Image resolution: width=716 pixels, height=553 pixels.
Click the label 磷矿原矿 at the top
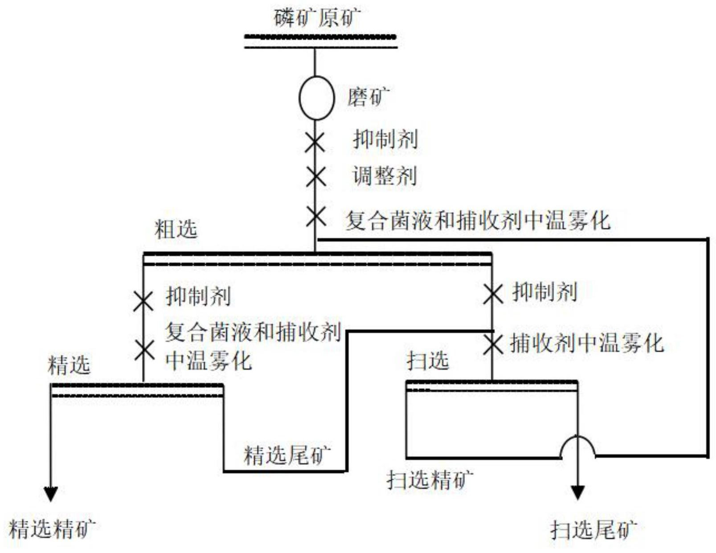[x=317, y=18]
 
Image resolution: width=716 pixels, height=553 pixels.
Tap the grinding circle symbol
[x=316, y=98]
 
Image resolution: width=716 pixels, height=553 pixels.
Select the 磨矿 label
[x=368, y=96]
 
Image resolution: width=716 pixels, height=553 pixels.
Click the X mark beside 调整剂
[x=316, y=176]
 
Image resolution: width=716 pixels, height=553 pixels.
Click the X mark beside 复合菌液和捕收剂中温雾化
[x=316, y=217]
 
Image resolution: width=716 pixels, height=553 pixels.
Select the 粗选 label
[x=176, y=229]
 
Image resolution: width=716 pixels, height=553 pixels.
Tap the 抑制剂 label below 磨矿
[x=385, y=139]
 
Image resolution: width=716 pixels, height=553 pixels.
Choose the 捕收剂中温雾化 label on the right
[x=587, y=344]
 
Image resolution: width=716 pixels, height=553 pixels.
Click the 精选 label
[x=69, y=365]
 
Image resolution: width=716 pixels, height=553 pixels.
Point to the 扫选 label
[x=427, y=360]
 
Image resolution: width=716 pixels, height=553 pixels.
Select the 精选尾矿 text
[x=287, y=455]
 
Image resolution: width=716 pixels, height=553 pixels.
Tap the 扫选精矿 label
[x=430, y=480]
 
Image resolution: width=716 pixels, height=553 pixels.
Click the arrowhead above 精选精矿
[x=50, y=494]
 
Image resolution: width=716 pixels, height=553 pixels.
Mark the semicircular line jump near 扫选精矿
[x=577, y=446]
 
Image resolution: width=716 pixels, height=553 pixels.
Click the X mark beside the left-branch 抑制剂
[x=143, y=301]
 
